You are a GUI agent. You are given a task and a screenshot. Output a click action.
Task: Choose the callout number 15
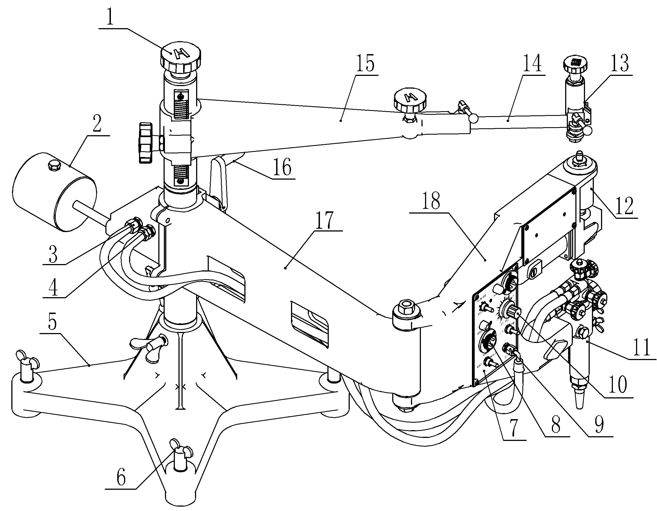(365, 63)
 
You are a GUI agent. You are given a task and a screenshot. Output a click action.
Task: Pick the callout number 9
(599, 425)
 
